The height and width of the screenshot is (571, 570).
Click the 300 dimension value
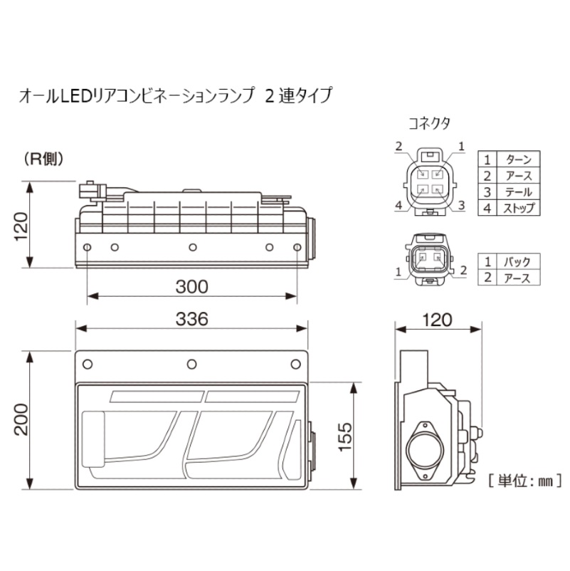coord(192,287)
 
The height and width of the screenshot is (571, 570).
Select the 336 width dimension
coord(192,319)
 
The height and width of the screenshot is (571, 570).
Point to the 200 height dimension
coord(21,419)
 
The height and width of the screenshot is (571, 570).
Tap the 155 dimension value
coord(345,437)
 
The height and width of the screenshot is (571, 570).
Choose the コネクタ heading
coord(429,123)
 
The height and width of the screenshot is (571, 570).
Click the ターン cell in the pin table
coord(518,159)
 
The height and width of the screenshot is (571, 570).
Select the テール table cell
coord(518,192)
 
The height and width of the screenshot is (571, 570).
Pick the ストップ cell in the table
coord(518,209)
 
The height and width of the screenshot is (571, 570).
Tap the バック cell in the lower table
coord(517,261)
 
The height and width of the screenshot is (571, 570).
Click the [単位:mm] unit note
coord(525,481)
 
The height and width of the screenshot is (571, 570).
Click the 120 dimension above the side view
coord(437,320)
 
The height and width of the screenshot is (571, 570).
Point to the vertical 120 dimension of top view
coord(21,226)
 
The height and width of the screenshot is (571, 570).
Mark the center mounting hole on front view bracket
coord(192,364)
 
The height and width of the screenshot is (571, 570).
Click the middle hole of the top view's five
coord(193,248)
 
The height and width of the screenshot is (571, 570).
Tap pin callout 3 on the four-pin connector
coord(461,205)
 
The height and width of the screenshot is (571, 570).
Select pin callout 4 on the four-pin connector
coord(399,205)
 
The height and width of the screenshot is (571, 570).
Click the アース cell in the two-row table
coord(517,278)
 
